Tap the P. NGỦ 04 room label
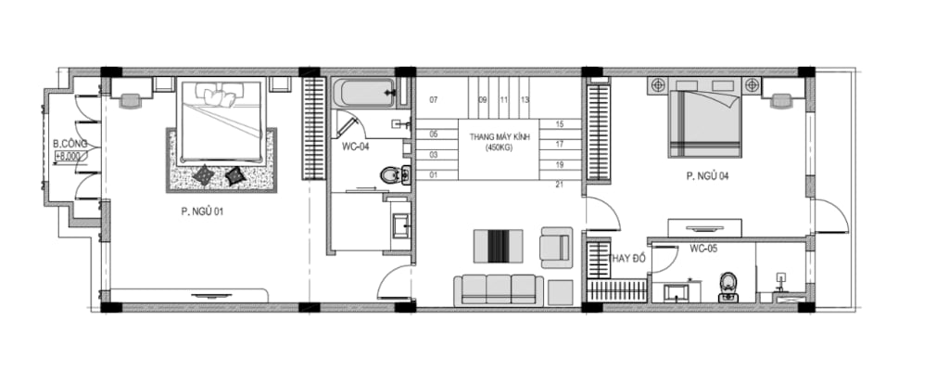point(707,176)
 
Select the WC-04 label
point(355,146)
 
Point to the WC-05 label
point(703,249)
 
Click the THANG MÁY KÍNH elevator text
point(500,137)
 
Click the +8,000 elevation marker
point(69,156)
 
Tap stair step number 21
point(559,185)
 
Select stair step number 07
point(434,100)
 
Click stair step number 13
point(525,100)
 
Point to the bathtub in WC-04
point(363,93)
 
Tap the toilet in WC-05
point(728,288)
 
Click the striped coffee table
point(498,246)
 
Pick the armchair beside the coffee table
point(556,247)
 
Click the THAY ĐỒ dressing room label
point(627,259)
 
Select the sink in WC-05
point(675,293)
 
